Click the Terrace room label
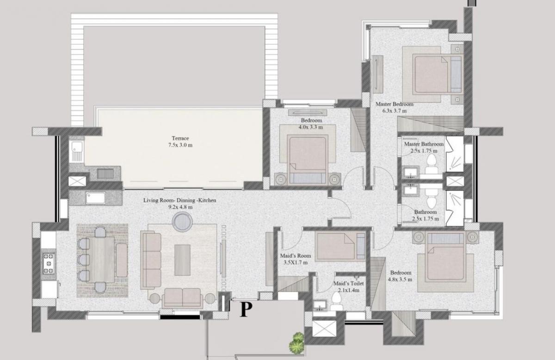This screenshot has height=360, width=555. (180, 138)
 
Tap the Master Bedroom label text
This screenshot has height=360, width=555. (395, 104)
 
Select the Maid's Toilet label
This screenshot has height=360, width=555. (349, 283)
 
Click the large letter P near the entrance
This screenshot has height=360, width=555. (246, 309)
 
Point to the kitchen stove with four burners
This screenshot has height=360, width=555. (49, 263)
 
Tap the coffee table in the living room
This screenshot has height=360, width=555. (182, 260)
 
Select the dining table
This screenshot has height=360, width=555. (100, 259)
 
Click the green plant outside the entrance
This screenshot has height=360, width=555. (296, 342)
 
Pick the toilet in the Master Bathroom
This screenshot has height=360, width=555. (432, 164)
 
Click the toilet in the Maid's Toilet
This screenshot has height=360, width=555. (337, 301)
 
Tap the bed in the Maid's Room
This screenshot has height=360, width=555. (340, 247)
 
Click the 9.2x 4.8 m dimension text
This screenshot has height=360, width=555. (180, 207)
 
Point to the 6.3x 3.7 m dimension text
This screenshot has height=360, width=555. (395, 111)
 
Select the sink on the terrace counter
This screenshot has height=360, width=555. (77, 151)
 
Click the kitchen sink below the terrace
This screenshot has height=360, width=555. (95, 198)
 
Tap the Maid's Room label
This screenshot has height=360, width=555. (295, 256)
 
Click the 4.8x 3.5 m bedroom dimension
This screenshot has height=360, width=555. (400, 280)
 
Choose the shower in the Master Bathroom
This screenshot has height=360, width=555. (455, 154)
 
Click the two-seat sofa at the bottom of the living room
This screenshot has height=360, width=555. (182, 298)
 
